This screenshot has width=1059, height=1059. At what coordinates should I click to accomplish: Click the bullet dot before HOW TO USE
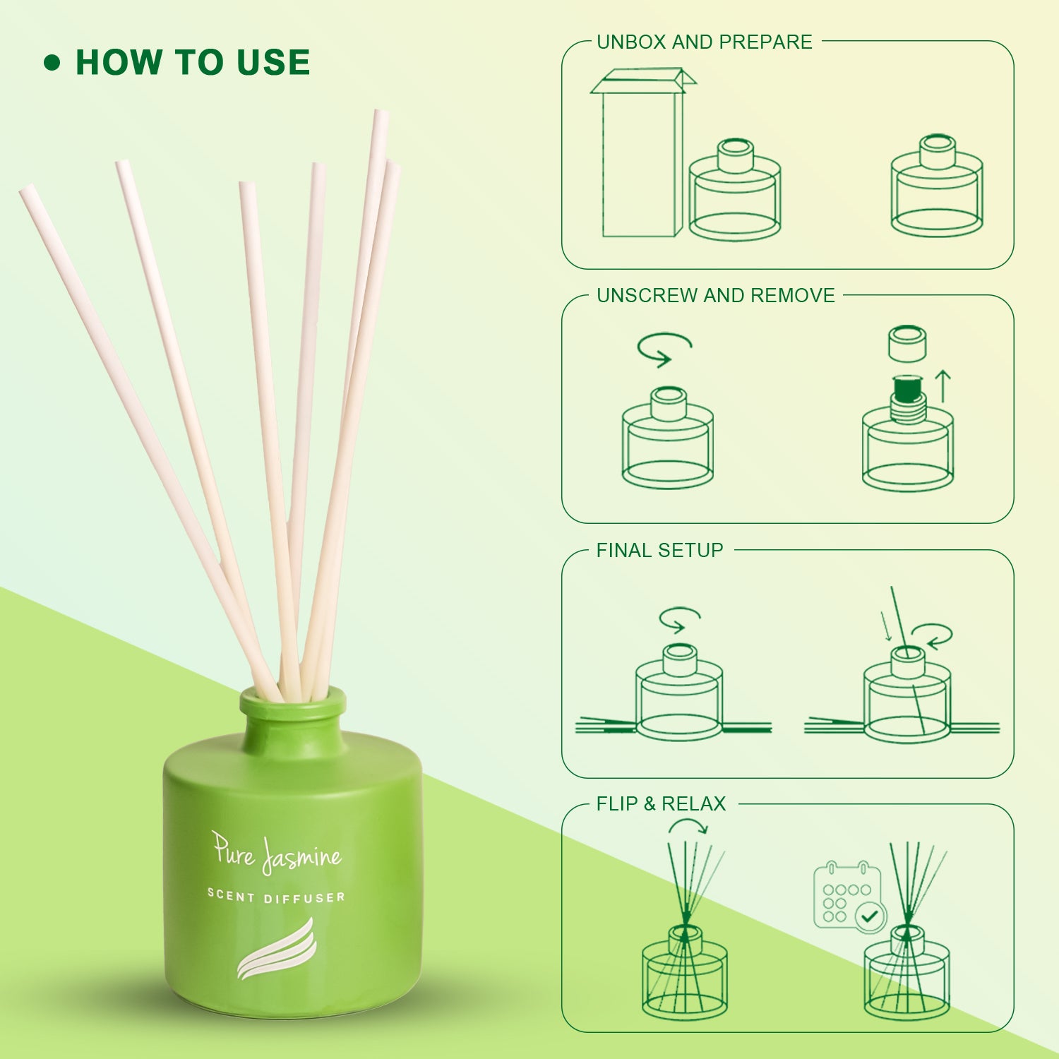coord(52,63)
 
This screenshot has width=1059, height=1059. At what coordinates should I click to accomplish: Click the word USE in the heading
coord(273,62)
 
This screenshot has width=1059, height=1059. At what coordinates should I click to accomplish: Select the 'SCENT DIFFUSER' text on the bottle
coord(276,897)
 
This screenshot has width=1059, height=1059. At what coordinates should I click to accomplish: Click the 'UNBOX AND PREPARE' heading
coord(705,42)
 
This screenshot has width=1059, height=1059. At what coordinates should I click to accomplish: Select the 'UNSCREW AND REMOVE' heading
coord(716,296)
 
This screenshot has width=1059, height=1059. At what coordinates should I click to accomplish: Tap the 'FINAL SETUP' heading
coord(660,551)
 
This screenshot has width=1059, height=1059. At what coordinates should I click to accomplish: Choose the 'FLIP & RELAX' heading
coord(662,804)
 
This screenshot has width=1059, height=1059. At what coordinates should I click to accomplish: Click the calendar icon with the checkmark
coord(849,895)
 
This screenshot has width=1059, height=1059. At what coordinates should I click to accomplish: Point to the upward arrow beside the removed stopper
coord(943,387)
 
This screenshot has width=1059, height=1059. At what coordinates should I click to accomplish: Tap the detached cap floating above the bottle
coord(907,343)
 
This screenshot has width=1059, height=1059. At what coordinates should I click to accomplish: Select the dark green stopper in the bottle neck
coord(909,388)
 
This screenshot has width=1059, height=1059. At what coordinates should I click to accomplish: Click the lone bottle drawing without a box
coord(937,186)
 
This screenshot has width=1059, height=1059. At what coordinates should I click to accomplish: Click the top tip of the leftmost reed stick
coord(26,190)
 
